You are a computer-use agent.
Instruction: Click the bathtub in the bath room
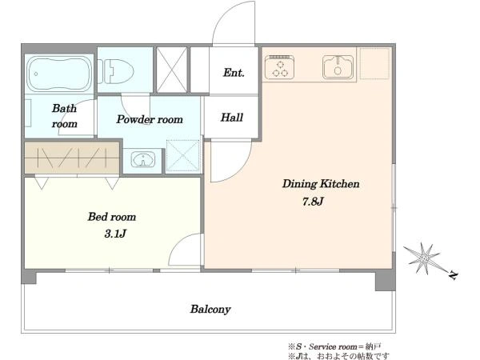[58, 74]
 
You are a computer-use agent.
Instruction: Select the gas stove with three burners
[279, 66]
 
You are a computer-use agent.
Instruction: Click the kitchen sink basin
[338, 67]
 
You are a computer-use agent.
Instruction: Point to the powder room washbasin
[143, 160]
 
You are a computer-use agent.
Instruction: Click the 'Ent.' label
[234, 73]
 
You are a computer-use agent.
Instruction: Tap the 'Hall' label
[232, 118]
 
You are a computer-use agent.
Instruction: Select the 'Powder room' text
[150, 119]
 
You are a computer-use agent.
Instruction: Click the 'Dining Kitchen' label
[321, 184]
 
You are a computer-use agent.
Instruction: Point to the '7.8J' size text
[313, 202]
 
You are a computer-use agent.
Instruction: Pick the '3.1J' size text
[115, 234]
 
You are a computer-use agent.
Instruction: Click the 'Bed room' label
[112, 217]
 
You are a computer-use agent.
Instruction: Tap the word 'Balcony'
[210, 309]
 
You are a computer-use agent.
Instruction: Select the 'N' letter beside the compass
[454, 275]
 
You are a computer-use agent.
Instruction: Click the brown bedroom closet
[72, 158]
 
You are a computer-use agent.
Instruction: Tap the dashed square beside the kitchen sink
[374, 63]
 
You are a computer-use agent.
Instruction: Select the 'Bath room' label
[64, 116]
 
